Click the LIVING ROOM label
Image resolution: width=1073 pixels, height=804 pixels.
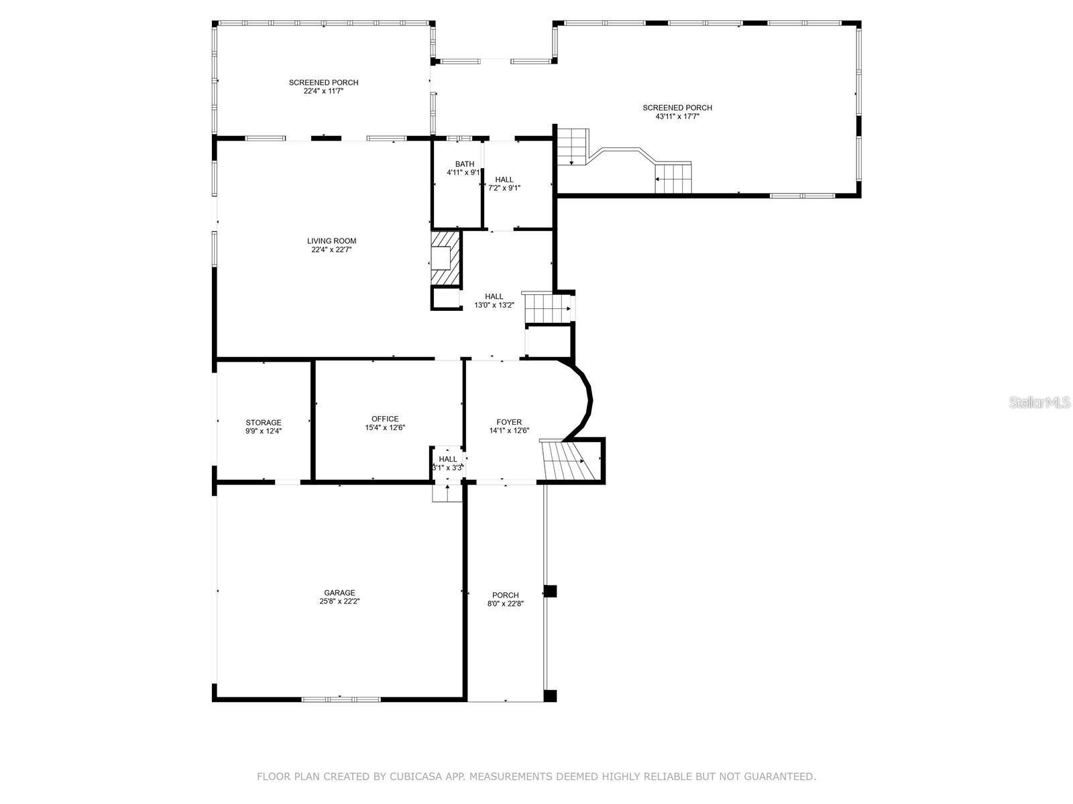331,241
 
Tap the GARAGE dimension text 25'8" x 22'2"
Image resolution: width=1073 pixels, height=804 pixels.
339,602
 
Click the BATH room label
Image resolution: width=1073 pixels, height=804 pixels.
464,164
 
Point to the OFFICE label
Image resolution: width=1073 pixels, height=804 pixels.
385,419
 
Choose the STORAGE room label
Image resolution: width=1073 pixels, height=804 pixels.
263,423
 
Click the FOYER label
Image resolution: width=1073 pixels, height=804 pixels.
509,422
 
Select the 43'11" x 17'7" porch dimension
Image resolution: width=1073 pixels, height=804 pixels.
677,117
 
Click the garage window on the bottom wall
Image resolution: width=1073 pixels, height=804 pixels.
340,699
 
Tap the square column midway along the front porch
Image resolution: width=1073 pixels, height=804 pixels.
550,591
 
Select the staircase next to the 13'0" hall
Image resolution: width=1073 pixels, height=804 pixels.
546,309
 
